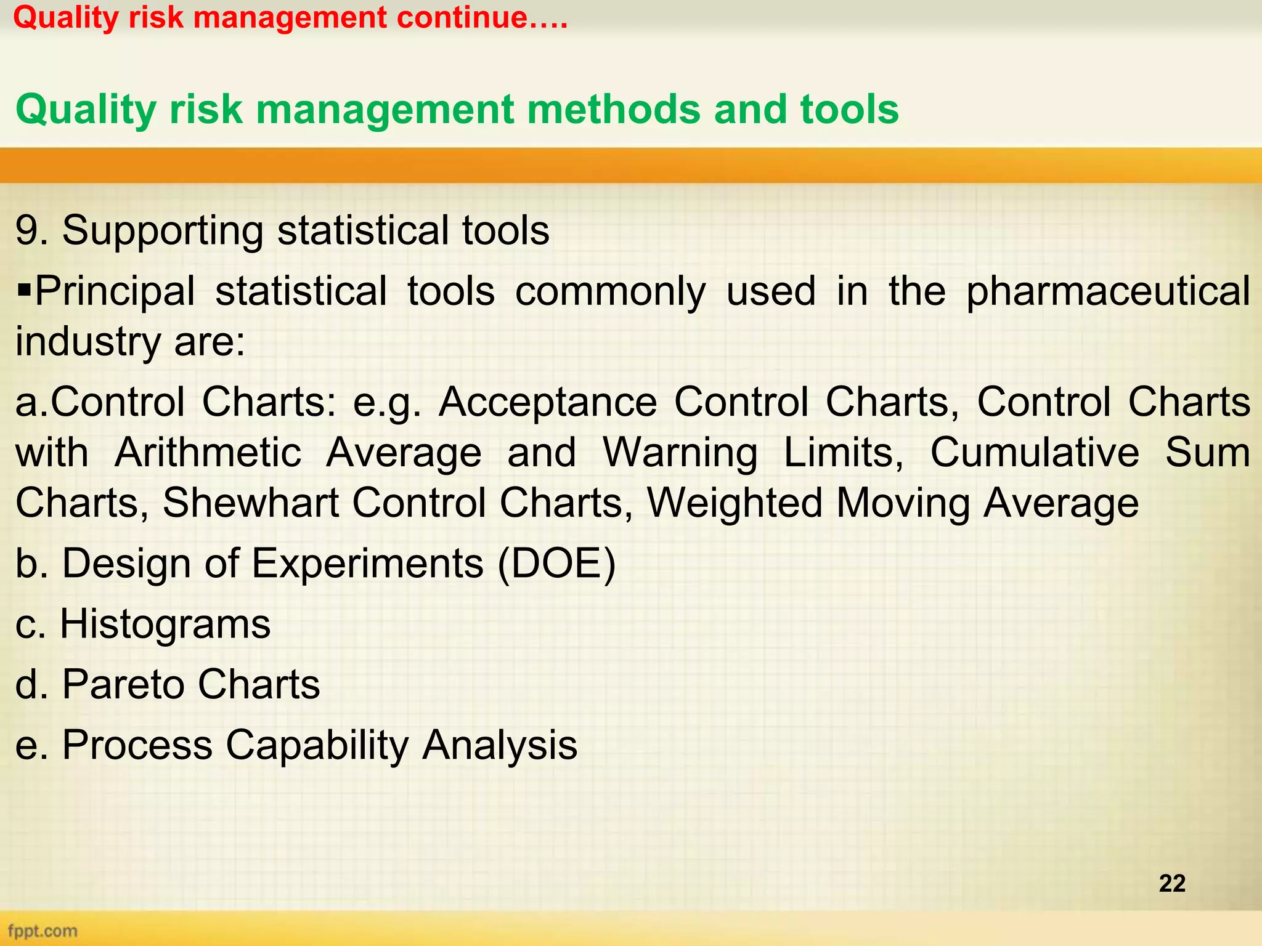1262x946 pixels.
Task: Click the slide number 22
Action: tap(1171, 883)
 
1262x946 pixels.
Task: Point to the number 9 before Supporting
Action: tap(26, 230)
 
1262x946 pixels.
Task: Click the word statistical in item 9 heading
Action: tap(362, 230)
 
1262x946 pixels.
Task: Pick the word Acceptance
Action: tap(547, 403)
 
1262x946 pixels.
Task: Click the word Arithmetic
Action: tap(208, 453)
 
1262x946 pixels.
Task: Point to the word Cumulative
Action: tap(1034, 453)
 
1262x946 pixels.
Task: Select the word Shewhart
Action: tap(250, 503)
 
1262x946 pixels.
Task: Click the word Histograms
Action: tap(165, 624)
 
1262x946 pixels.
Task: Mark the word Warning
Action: tap(680, 453)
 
